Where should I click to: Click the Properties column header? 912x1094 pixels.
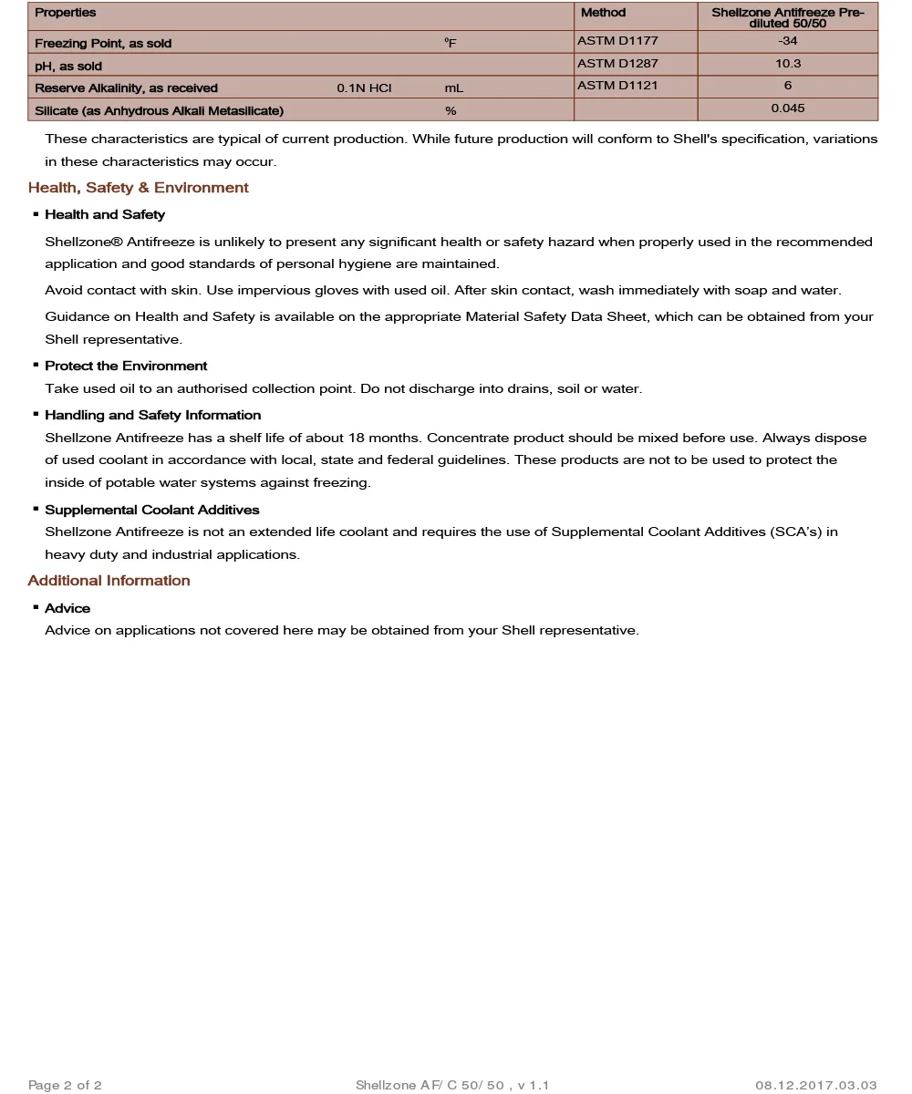[x=66, y=13]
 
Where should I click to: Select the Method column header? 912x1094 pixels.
[x=603, y=13]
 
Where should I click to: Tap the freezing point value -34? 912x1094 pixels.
[x=787, y=41]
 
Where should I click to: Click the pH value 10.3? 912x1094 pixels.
[x=787, y=64]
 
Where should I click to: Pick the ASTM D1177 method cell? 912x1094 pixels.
[x=617, y=41]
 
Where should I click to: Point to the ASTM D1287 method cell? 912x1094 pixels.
[x=617, y=64]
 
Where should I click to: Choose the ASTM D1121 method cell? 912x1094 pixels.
[x=617, y=86]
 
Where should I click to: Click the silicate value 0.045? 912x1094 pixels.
[x=787, y=108]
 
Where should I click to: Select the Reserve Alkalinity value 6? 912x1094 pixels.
[x=787, y=86]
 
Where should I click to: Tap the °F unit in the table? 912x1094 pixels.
[x=451, y=43]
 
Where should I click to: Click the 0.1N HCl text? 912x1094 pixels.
[x=364, y=88]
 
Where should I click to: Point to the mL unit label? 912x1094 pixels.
[x=454, y=88]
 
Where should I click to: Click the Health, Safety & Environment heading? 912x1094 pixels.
[x=138, y=188]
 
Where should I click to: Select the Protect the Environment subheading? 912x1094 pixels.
[x=126, y=366]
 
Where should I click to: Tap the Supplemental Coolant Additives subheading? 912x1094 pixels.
[x=152, y=510]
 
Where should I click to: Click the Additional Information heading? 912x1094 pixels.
[x=109, y=581]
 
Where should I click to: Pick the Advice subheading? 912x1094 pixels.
[x=67, y=608]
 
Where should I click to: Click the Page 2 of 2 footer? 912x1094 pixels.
[x=65, y=1085]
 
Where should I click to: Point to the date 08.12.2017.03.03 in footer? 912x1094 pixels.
[x=815, y=1085]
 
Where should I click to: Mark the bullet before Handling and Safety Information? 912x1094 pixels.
[x=36, y=415]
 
